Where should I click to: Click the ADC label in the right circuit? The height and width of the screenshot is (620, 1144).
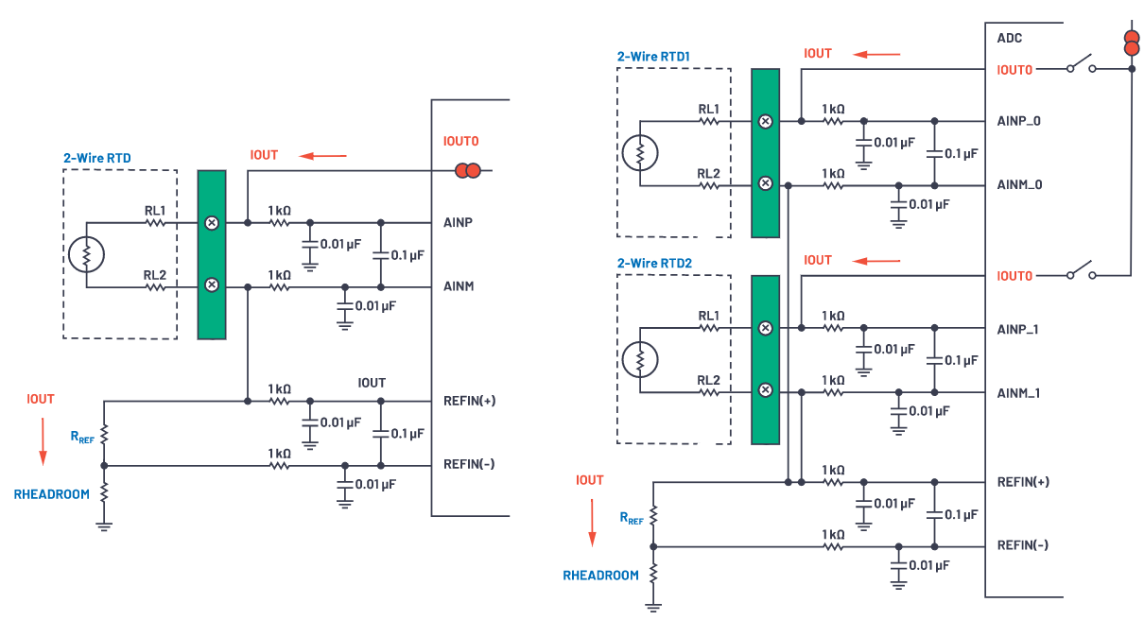pyautogui.click(x=1010, y=39)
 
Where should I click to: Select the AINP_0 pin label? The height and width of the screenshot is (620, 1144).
pyautogui.click(x=1019, y=121)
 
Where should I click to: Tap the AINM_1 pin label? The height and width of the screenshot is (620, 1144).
pyautogui.click(x=1019, y=392)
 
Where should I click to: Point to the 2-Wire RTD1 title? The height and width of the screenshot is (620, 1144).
pyautogui.click(x=653, y=57)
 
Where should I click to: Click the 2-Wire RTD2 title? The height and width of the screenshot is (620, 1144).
pyautogui.click(x=653, y=263)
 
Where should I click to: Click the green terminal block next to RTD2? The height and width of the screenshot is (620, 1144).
pyautogui.click(x=765, y=359)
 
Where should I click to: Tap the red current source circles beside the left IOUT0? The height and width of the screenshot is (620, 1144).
pyautogui.click(x=468, y=171)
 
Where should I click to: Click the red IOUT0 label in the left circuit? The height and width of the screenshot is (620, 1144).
pyautogui.click(x=461, y=141)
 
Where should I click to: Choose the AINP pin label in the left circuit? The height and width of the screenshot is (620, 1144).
pyautogui.click(x=459, y=223)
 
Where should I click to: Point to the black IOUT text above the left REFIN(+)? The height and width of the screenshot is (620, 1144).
pyautogui.click(x=372, y=383)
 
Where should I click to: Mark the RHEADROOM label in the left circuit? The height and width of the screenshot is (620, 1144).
pyautogui.click(x=52, y=493)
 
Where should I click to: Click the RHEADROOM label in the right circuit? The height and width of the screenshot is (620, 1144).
pyautogui.click(x=601, y=575)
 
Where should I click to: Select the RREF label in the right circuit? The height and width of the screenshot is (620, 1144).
pyautogui.click(x=632, y=518)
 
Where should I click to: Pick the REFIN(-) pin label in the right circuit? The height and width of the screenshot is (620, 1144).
pyautogui.click(x=1024, y=544)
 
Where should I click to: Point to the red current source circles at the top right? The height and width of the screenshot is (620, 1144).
pyautogui.click(x=1130, y=43)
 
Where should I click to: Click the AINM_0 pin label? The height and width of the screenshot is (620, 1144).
pyautogui.click(x=1019, y=184)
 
